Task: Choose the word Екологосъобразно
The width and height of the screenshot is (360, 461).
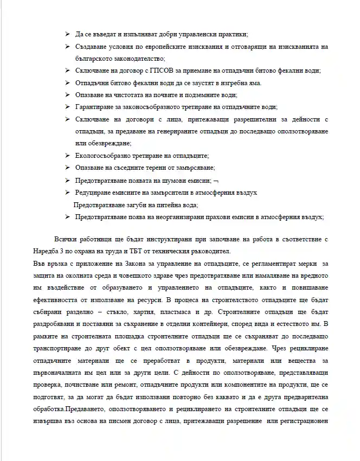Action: [103, 156]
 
